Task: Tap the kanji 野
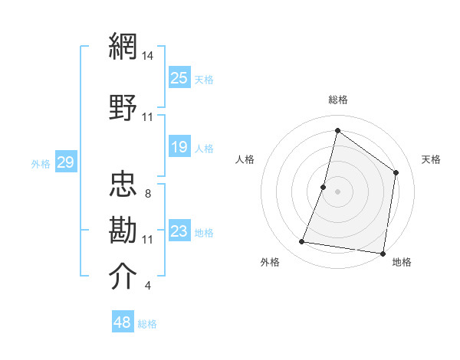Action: coord(124,106)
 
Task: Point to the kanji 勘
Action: coord(124,229)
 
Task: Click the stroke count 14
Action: coord(148,56)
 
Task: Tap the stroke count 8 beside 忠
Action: coord(147,194)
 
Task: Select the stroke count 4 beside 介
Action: coord(147,286)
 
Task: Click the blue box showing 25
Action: coord(179,77)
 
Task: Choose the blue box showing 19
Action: coord(179,147)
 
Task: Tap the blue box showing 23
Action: coord(179,231)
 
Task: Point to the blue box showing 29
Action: coord(65,162)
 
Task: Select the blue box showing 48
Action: coord(123,322)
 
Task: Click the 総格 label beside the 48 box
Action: coord(147,324)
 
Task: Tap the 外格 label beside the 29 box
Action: coord(41,163)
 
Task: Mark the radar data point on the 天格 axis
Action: coord(396,172)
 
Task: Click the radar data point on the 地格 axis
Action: coord(383,253)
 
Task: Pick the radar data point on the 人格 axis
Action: coord(324,187)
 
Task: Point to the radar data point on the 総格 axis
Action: coord(337,131)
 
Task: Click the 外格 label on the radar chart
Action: coord(270,263)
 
